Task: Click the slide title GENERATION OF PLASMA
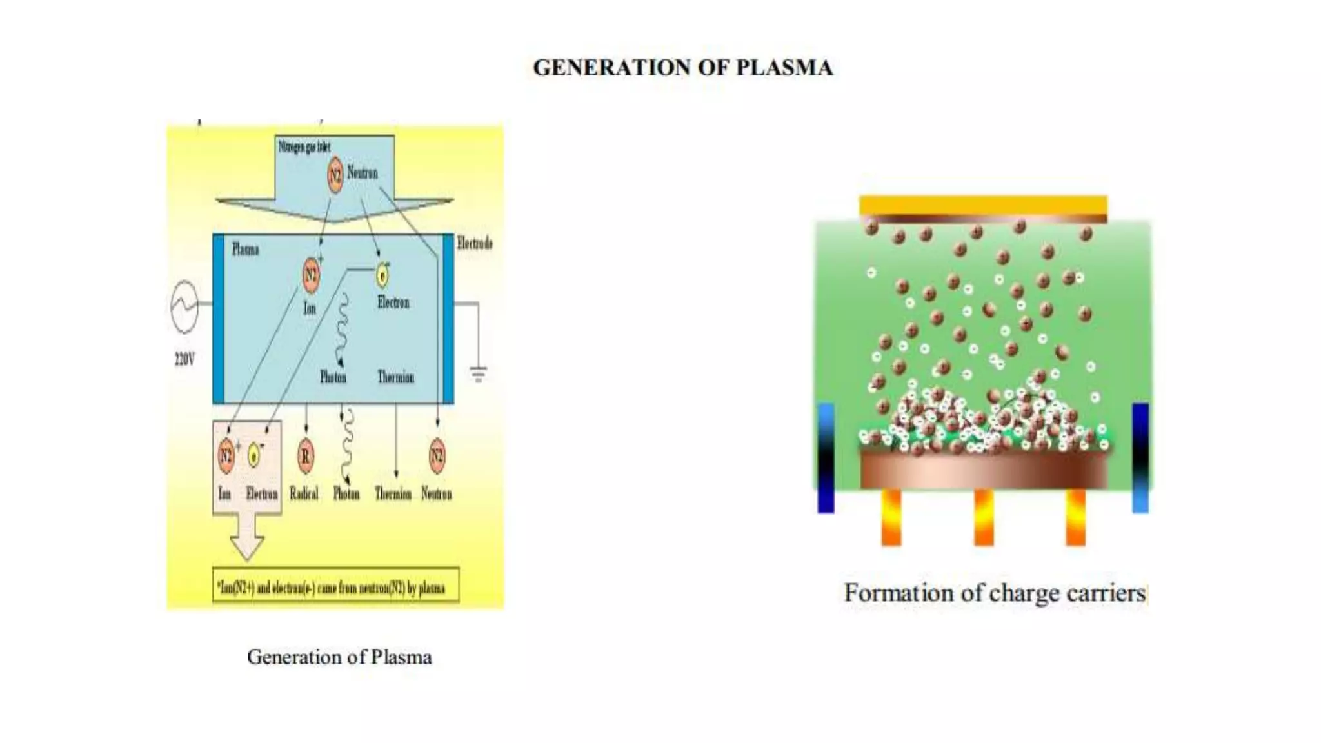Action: click(x=682, y=68)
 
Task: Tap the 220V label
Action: click(x=184, y=359)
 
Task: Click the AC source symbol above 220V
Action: click(x=184, y=307)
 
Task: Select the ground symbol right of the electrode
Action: click(x=478, y=373)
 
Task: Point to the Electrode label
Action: click(x=475, y=243)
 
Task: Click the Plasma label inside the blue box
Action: click(x=245, y=250)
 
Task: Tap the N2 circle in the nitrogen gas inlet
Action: click(x=335, y=174)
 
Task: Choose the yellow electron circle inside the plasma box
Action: click(x=382, y=276)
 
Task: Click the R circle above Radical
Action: click(x=305, y=456)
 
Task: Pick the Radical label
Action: click(x=304, y=494)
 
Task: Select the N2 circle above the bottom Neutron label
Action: click(x=437, y=455)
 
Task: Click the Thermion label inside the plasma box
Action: click(x=395, y=377)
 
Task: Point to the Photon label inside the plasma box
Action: click(x=333, y=377)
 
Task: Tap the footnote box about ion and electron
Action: click(x=335, y=586)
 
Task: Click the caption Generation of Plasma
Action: click(x=339, y=657)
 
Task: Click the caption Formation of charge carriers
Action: click(x=995, y=593)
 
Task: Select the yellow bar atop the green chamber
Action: click(x=983, y=205)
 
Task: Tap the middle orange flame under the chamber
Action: click(x=984, y=517)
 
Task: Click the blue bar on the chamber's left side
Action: click(x=826, y=458)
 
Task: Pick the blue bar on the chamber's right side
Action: click(x=1140, y=458)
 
